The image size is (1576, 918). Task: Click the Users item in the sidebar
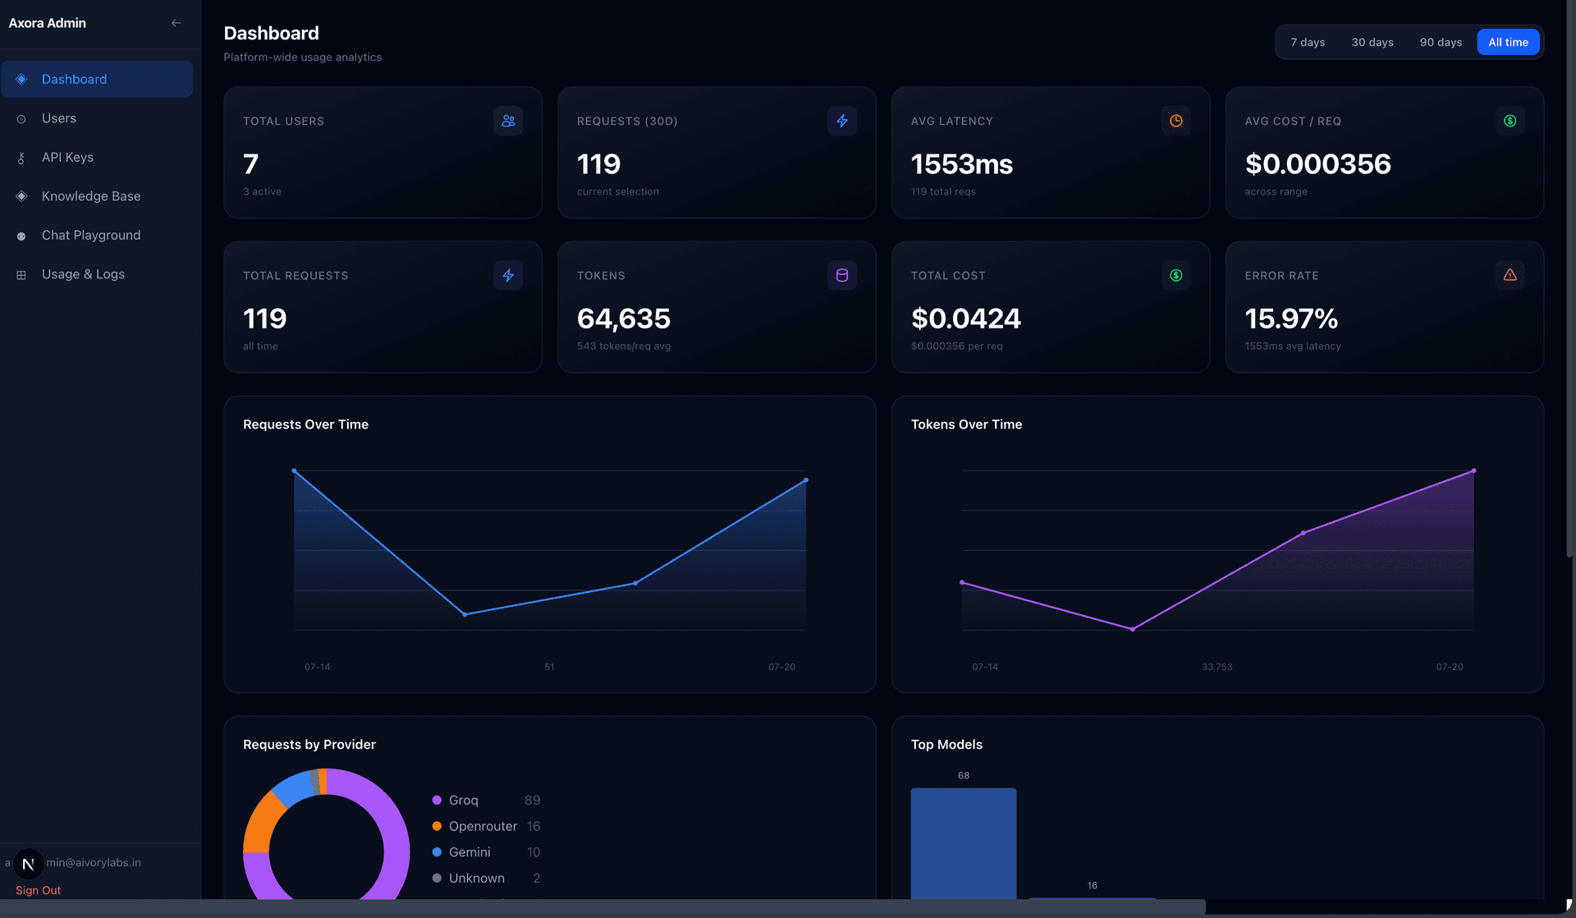[59, 118]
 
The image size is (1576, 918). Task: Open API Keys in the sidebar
[67, 157]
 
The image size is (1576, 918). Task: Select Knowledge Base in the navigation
[91, 196]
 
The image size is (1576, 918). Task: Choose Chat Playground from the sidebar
[91, 235]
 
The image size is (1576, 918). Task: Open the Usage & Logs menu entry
[83, 274]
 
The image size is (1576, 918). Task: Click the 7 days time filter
[1308, 42]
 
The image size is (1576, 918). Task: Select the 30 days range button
[1372, 42]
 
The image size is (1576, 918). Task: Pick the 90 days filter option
[1441, 42]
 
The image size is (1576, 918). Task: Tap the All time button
[1508, 42]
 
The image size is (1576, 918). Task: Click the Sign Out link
[38, 890]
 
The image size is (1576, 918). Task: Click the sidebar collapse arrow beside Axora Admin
[176, 23]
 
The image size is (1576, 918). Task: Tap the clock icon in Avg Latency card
[1176, 121]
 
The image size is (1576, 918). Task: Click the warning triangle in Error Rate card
[1510, 275]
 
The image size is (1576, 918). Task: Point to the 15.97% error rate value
[1291, 319]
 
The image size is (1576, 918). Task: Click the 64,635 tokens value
[624, 319]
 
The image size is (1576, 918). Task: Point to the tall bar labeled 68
[964, 843]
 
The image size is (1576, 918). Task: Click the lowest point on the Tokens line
[1133, 629]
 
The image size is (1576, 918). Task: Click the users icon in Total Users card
[508, 121]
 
